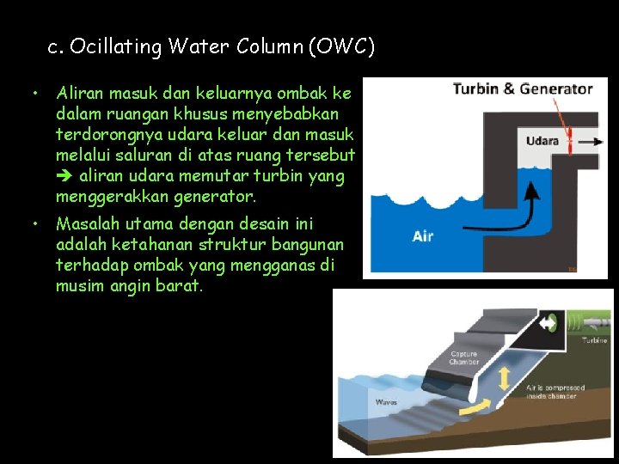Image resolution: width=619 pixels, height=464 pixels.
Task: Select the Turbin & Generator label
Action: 523,89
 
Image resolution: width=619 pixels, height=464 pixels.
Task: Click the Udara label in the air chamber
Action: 542,141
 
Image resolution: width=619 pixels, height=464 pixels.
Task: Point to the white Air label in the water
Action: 423,235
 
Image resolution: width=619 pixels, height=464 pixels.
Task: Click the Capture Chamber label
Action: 465,357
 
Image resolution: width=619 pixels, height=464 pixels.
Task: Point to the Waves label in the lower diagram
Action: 386,401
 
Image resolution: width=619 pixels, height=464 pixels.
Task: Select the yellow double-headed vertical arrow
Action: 503,378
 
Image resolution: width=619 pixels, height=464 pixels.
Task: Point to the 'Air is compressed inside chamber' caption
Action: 555,392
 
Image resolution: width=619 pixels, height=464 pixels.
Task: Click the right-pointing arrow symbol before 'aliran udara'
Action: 64,177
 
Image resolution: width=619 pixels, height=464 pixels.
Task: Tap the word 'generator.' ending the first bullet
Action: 216,197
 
